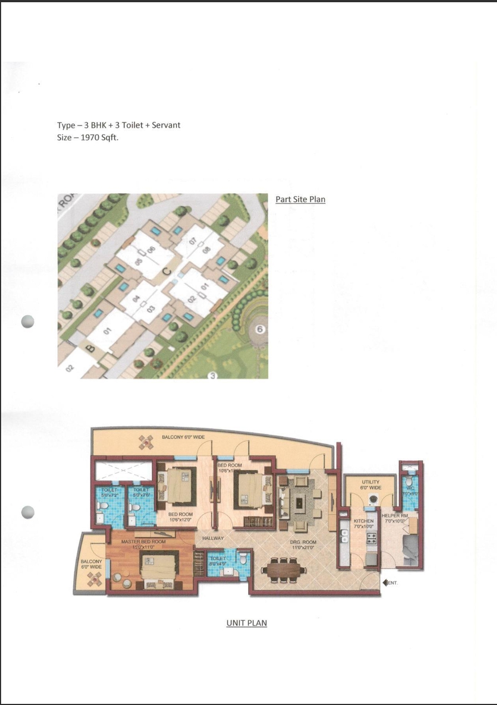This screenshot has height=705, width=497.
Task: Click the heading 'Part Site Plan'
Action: [300, 199]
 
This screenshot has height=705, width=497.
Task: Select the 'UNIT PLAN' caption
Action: [247, 623]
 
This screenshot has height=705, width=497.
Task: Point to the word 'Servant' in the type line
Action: [166, 125]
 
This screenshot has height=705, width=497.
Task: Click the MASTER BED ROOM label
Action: [143, 542]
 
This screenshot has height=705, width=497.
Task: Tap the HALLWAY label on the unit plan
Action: [213, 538]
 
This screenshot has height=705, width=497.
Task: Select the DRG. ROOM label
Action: [302, 544]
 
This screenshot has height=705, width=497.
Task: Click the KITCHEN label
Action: [364, 522]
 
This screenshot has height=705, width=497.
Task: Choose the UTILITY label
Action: [370, 482]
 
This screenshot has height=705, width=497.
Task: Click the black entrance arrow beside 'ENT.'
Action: [385, 583]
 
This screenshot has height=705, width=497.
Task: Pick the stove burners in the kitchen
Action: [371, 538]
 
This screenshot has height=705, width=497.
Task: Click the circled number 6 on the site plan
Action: [259, 329]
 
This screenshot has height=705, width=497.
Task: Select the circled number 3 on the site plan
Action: [212, 376]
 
